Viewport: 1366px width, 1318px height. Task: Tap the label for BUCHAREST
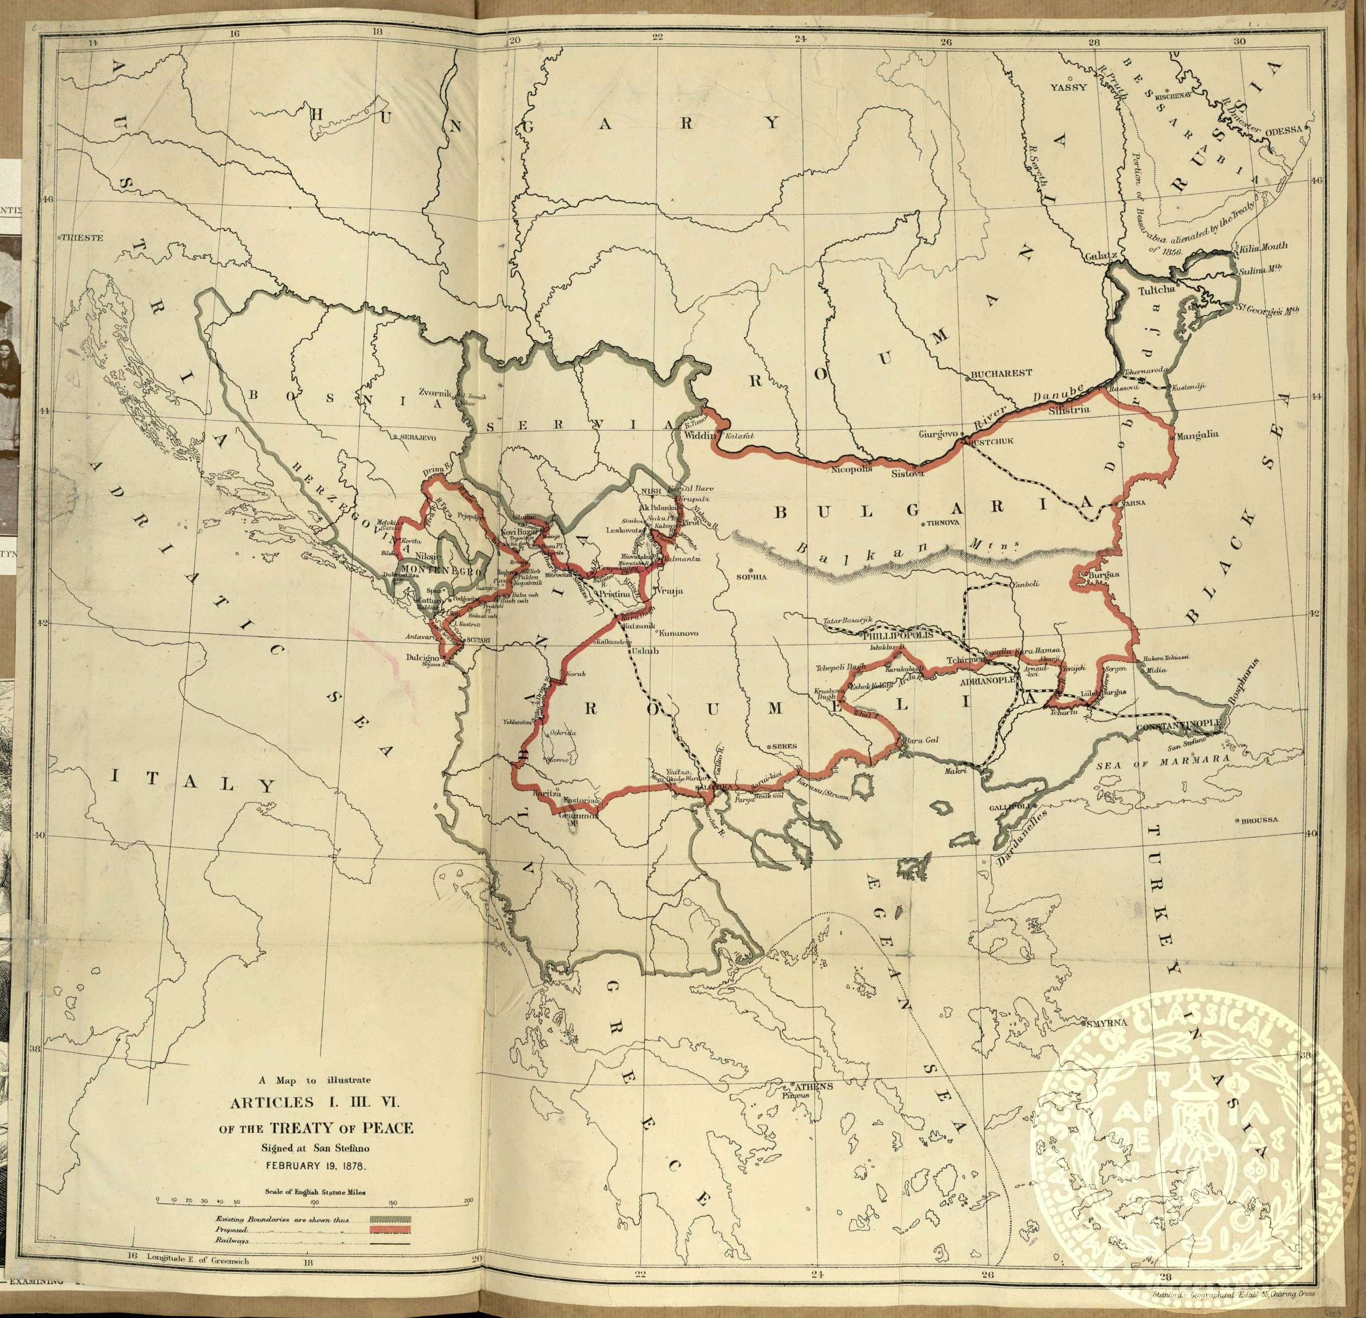[1002, 373]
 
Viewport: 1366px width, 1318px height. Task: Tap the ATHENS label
[812, 1087]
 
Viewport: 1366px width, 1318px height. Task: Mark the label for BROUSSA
[1260, 820]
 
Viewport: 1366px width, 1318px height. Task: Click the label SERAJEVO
[418, 437]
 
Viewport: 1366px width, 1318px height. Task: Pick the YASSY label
[1069, 88]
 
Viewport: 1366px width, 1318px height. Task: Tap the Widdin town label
[701, 436]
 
